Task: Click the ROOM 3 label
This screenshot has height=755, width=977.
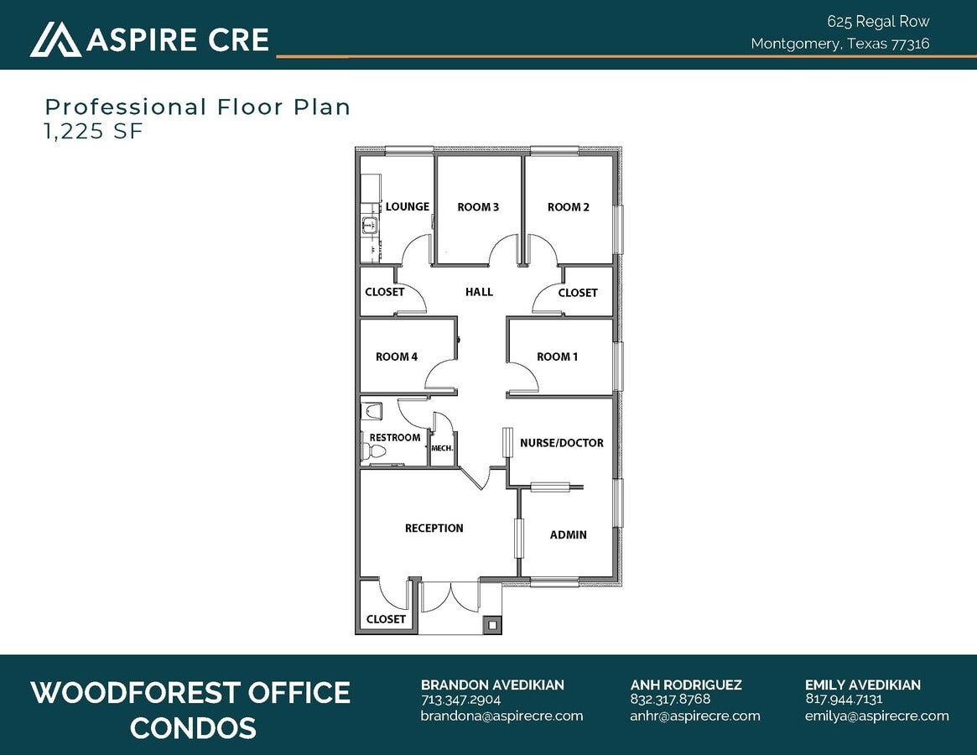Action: coord(478,207)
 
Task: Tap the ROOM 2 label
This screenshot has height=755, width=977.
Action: coord(569,207)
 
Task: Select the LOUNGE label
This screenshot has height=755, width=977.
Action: coord(408,206)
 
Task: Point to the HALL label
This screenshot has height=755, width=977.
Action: coord(479,292)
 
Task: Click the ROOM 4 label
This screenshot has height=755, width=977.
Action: coord(397,357)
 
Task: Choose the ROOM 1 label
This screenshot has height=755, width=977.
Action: coord(557,357)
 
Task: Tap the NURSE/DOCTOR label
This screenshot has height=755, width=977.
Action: coord(561,443)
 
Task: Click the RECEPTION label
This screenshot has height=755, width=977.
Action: coord(434,528)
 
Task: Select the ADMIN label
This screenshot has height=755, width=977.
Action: coord(568,534)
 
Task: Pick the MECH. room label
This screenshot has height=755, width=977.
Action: coord(442,449)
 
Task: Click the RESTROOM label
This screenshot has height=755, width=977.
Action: coord(394,437)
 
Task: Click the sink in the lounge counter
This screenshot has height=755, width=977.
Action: coord(368,224)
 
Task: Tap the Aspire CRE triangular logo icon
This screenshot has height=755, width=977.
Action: coord(55,39)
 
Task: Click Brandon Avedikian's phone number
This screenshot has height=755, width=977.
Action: coord(460,700)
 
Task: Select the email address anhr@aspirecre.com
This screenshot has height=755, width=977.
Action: coord(695,716)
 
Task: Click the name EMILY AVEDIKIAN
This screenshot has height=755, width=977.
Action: coord(862,685)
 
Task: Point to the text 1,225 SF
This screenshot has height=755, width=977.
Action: coord(94,131)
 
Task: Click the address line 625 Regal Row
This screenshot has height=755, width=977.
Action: coord(878,22)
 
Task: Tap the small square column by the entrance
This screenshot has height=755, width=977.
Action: coord(491,624)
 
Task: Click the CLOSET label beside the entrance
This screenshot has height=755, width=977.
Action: coord(386,619)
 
